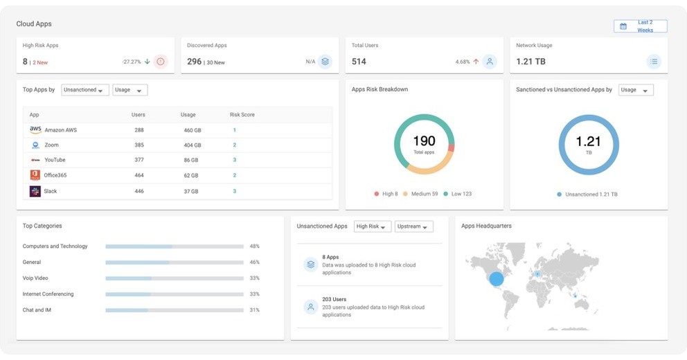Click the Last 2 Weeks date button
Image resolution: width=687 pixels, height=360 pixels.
coord(640,26)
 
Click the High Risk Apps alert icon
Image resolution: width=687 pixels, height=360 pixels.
coord(161,62)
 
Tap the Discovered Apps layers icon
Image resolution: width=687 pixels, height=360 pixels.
coord(325,62)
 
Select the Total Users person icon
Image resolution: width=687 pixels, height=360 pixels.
coord(490,62)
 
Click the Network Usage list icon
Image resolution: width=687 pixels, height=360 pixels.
coord(654,62)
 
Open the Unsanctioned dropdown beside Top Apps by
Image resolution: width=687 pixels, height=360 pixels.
coord(85,90)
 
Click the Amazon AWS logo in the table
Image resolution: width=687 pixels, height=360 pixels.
coord(35,129)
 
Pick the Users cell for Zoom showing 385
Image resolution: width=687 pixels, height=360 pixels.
coord(139,145)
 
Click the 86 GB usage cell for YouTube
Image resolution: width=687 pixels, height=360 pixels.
coord(190,160)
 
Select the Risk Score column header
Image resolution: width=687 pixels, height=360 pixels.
coord(242,115)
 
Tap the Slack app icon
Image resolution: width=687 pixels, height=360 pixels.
coord(35,191)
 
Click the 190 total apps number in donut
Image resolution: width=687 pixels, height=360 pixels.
coord(424,141)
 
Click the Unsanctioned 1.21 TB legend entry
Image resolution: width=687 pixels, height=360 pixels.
coord(588,195)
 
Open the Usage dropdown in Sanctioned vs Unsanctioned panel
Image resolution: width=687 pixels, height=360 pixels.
coord(634,90)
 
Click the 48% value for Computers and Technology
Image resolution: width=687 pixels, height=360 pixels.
coord(254,246)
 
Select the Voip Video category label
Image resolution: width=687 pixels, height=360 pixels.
coord(35,278)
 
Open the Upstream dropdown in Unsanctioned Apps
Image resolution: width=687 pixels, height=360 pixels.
coord(414,226)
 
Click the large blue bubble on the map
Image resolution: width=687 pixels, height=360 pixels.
coord(497,279)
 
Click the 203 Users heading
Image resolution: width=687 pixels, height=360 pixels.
coord(334,300)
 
